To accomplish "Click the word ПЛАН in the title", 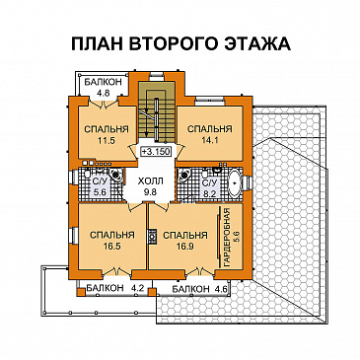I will (x=97, y=44).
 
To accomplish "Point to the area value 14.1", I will (x=209, y=142).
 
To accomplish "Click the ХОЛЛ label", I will (x=150, y=181).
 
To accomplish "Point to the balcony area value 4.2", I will (x=138, y=289).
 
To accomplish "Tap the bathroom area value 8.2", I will (x=209, y=194).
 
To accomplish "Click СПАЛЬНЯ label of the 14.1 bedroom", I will (x=209, y=129).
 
